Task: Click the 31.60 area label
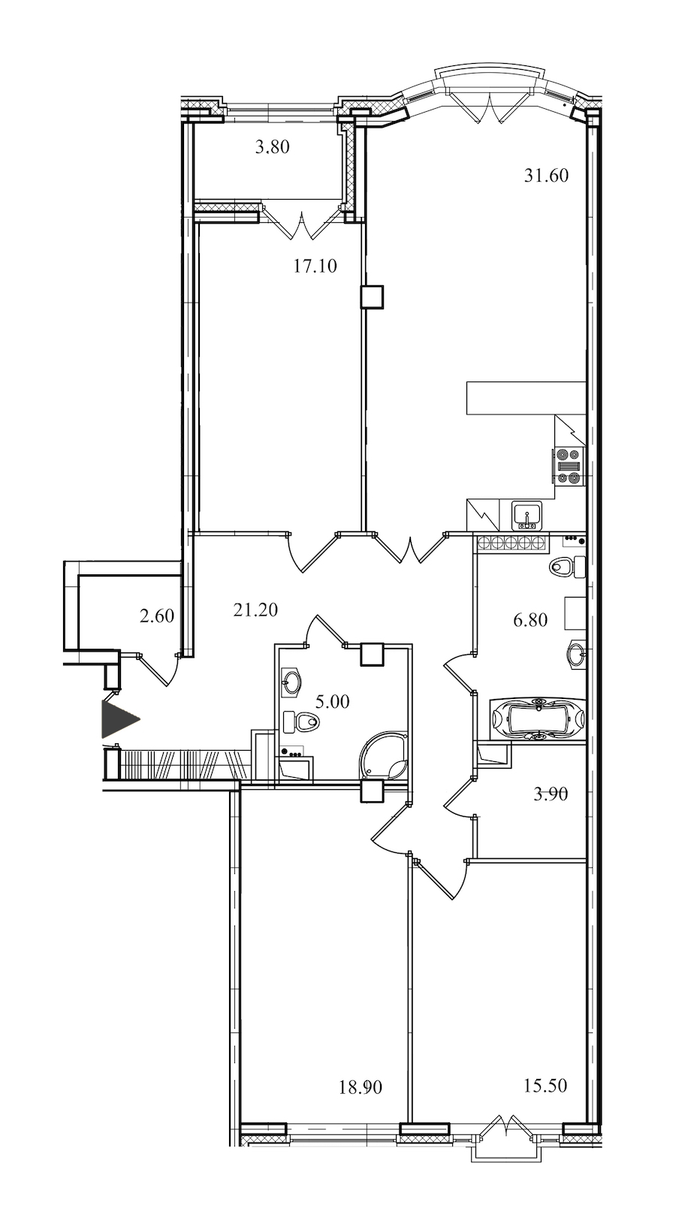[x=545, y=176]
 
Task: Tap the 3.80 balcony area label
[x=272, y=147]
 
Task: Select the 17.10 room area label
[x=315, y=267]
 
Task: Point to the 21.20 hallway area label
[x=255, y=610]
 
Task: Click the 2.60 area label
[x=157, y=616]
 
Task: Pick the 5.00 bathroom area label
[x=332, y=702]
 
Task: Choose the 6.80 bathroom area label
[x=530, y=620]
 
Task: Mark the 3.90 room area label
[x=551, y=794]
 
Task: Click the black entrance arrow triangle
[x=118, y=718]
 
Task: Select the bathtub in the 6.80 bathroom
[x=537, y=718]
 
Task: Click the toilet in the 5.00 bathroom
[x=301, y=721]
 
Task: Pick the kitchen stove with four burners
[x=568, y=466]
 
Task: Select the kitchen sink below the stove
[x=527, y=516]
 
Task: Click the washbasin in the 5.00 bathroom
[x=291, y=682]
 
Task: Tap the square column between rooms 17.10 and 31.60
[x=371, y=297]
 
